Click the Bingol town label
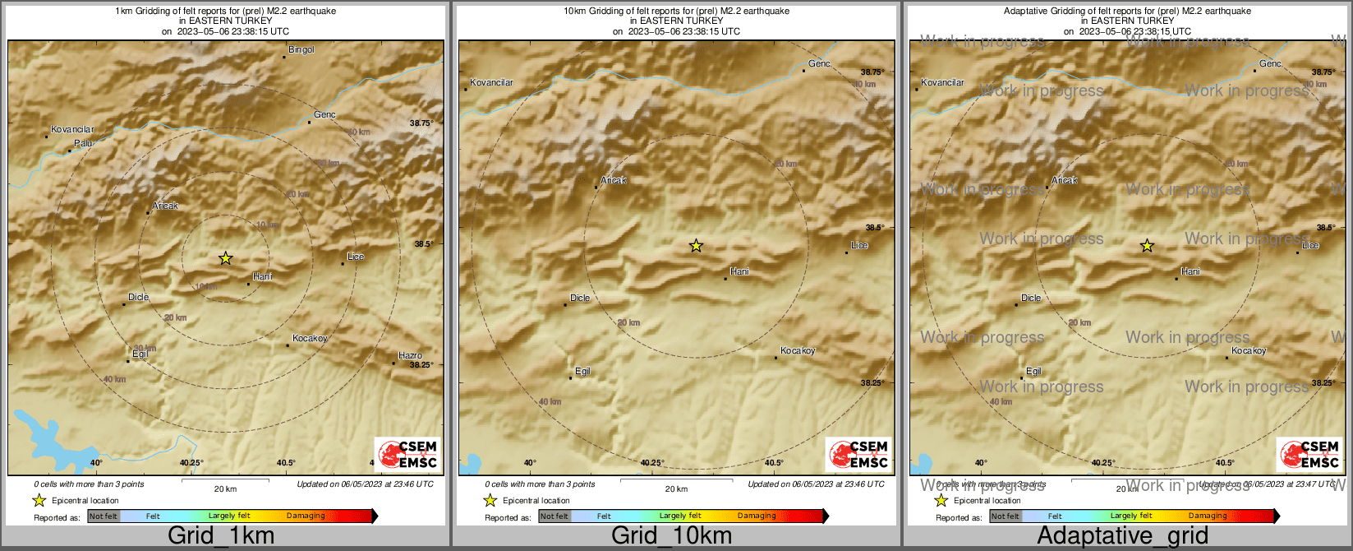301,50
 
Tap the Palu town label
83,143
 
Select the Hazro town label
410,356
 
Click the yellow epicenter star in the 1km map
225,258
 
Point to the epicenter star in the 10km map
696,246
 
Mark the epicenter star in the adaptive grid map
1147,246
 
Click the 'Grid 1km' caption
221,536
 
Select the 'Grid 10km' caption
671,536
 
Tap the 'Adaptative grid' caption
1122,536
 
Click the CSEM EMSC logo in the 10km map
858,454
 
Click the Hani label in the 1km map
262,277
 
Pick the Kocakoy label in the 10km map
798,351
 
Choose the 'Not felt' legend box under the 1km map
104,516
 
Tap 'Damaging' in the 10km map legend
757,516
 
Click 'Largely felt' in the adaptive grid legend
1131,516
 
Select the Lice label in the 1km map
356,257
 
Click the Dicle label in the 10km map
580,299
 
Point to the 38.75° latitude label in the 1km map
421,123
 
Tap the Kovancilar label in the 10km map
491,83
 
